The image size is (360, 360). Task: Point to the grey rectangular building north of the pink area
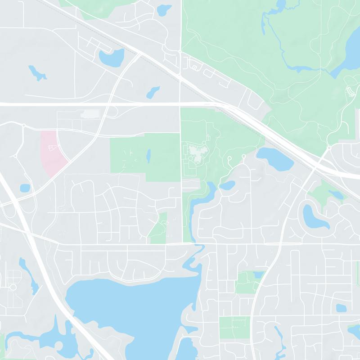tap(90, 114)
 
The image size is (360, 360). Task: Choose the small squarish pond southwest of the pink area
tap(25, 188)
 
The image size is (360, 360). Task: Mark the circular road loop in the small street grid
tap(13, 287)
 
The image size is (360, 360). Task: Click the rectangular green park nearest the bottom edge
tap(234, 327)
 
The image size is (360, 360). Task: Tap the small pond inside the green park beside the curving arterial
tap(258, 274)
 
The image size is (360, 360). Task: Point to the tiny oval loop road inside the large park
tap(350, 92)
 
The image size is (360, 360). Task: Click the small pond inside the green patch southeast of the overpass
tap(335, 194)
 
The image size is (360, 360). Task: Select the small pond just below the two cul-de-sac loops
tap(227, 185)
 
